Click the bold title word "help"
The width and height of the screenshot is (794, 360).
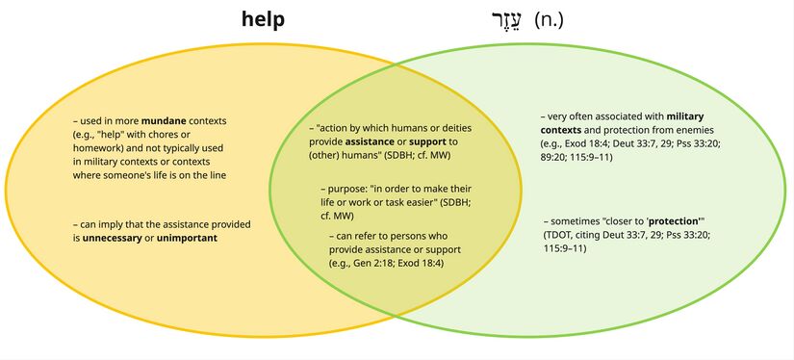[263, 19]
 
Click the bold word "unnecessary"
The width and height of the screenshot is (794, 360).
[121, 238]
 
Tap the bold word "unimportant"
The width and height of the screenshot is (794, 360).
[191, 238]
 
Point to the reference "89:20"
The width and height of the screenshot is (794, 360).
[553, 157]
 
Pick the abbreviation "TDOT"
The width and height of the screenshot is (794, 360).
[561, 235]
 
